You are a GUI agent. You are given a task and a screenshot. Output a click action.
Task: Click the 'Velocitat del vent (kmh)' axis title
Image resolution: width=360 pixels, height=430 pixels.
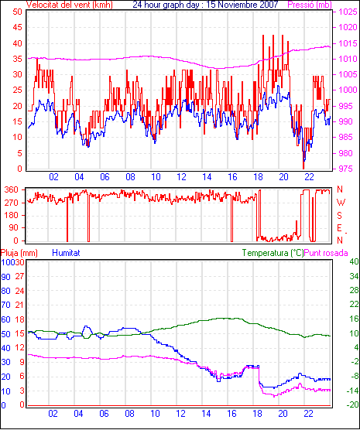coord(70,5)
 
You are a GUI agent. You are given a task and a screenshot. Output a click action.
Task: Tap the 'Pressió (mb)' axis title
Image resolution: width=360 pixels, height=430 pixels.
coord(310,5)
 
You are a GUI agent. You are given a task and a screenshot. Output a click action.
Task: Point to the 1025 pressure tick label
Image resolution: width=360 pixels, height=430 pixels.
coord(348,12)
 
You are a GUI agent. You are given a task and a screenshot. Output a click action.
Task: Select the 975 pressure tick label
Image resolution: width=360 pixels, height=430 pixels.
coord(345,169)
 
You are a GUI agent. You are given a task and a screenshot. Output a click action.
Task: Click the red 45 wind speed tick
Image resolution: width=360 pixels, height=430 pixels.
coord(18,27)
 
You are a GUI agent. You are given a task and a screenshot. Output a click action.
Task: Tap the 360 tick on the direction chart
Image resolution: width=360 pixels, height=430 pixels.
coord(12,189)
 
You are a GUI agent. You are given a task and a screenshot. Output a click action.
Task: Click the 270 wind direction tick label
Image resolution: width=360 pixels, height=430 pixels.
coord(12,203)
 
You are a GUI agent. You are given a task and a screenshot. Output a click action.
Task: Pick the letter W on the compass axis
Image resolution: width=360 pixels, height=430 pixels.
coord(341,203)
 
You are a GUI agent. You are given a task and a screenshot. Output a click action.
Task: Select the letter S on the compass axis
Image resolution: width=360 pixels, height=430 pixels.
coord(339,216)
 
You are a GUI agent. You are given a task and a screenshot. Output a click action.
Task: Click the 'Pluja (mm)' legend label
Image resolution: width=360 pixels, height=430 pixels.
coord(19,253)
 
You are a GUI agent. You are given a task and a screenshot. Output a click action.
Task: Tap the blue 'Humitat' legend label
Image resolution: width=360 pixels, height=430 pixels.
coord(66,253)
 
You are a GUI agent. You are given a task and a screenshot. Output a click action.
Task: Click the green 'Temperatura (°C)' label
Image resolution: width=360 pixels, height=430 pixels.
coord(273,253)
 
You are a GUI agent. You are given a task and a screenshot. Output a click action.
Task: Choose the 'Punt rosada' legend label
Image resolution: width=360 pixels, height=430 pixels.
coord(326,253)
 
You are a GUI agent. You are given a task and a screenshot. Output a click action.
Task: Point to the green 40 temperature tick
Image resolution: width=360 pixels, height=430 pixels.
coord(354,261)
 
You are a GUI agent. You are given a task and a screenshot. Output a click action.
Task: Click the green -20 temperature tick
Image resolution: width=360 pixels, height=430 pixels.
coord(353,404)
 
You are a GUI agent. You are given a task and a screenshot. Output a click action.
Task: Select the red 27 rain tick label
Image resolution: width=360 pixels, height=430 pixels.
coord(19,276)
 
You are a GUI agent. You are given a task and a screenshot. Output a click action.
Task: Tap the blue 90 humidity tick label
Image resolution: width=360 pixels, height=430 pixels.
coord(5,277)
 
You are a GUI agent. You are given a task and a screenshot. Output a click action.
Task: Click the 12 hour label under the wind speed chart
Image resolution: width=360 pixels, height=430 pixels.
coord(181,177)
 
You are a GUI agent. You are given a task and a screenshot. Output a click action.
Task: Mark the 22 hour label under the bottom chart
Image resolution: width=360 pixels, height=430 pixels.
coord(308,413)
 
